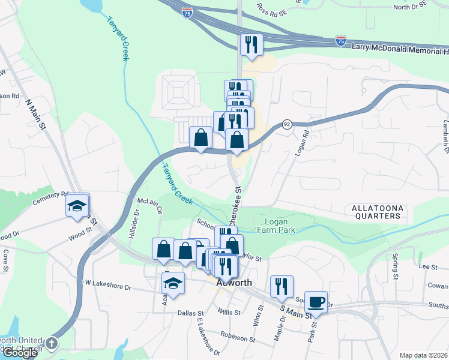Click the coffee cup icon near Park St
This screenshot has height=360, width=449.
coord(316,301)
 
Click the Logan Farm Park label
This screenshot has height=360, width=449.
coord(276,224)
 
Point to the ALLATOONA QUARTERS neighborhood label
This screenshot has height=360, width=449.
coord(376,211)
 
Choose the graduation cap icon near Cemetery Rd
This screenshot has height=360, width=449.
coord(77,205)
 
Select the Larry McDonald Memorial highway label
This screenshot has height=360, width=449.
coord(399,46)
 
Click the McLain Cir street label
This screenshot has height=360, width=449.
coord(150,205)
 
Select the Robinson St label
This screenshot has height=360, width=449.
coord(238,337)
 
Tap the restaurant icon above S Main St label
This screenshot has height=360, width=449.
coord(281,286)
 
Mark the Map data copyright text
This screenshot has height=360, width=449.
coord(423,355)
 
